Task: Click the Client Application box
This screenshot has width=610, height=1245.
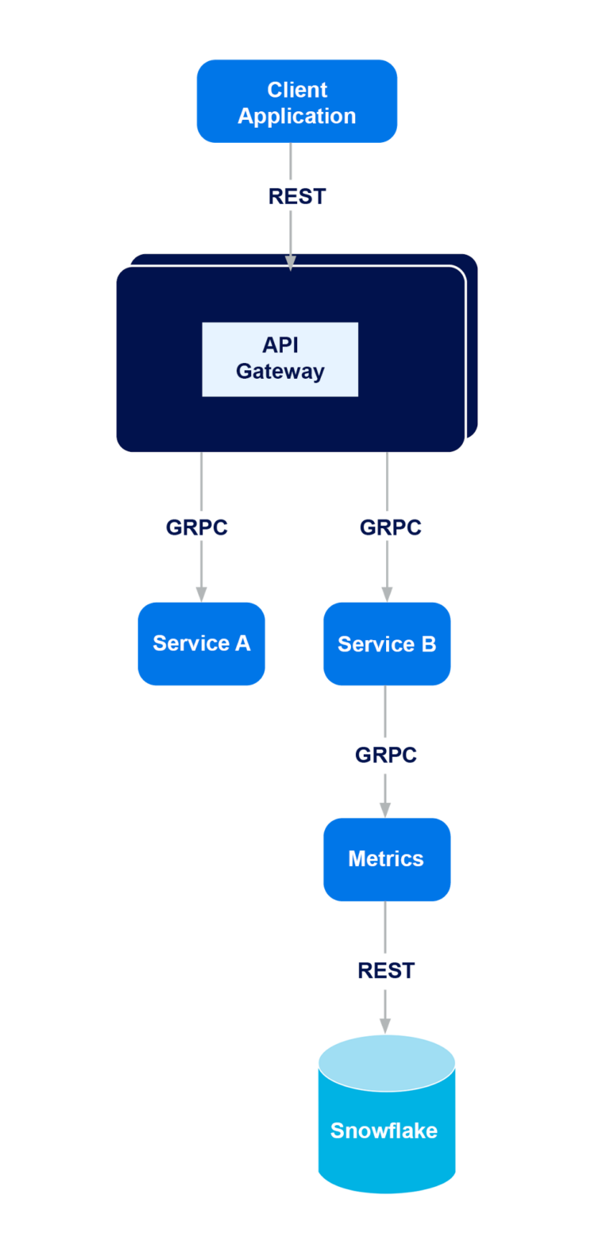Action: pyautogui.click(x=297, y=101)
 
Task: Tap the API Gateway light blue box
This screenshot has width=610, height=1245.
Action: pyautogui.click(x=280, y=359)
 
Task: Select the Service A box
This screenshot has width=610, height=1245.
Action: pyautogui.click(x=201, y=644)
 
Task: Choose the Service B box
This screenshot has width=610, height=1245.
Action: pyautogui.click(x=387, y=644)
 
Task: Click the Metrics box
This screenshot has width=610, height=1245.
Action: pyautogui.click(x=387, y=859)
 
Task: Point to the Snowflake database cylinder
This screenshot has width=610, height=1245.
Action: pyautogui.click(x=387, y=1114)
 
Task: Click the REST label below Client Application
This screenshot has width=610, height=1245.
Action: pyautogui.click(x=297, y=196)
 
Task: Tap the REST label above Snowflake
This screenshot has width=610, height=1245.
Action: pyautogui.click(x=386, y=970)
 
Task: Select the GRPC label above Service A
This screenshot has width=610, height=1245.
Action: pyautogui.click(x=197, y=527)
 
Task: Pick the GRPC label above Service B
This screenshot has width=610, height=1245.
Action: pyautogui.click(x=390, y=527)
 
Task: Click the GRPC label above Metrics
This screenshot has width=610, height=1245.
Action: pyautogui.click(x=386, y=755)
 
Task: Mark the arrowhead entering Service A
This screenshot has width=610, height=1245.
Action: pyautogui.click(x=201, y=594)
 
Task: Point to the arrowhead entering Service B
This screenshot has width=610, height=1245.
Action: pyautogui.click(x=387, y=594)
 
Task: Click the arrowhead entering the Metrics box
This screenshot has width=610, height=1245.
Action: pyautogui.click(x=385, y=810)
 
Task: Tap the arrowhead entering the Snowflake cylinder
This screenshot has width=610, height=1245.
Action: pyautogui.click(x=385, y=1026)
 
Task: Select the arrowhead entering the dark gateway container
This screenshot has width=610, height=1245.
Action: pyautogui.click(x=290, y=263)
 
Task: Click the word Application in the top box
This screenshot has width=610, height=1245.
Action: pyautogui.click(x=297, y=116)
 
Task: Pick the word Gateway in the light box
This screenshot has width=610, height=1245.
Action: pyautogui.click(x=280, y=372)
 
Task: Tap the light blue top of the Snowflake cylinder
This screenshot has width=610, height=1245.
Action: pyautogui.click(x=387, y=1062)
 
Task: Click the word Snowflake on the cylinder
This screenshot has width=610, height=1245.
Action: pyautogui.click(x=384, y=1131)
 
